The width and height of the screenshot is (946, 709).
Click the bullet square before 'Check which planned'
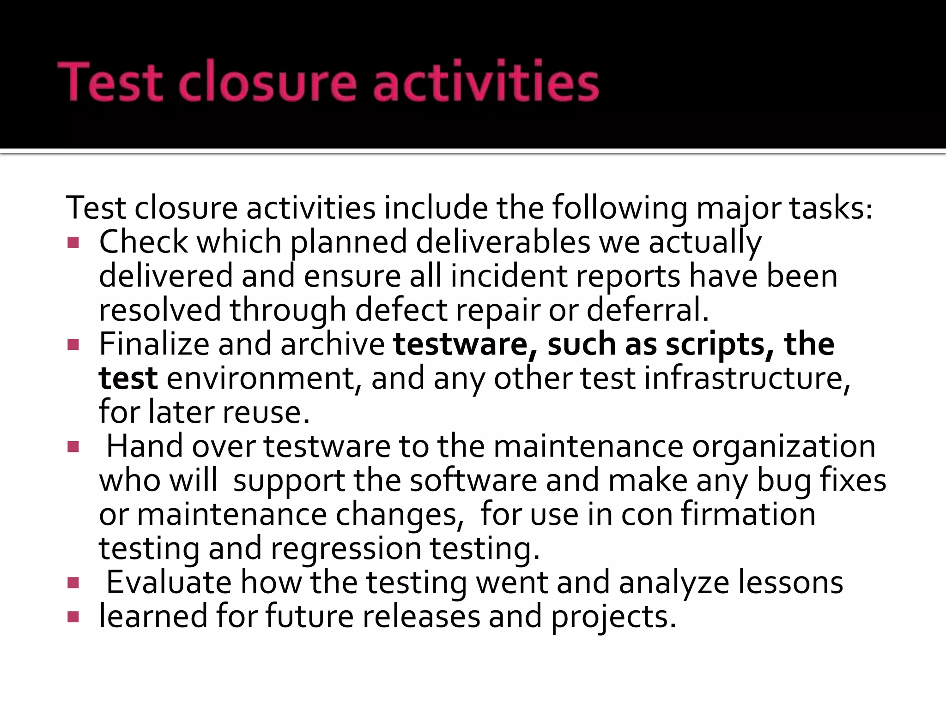pyautogui.click(x=73, y=242)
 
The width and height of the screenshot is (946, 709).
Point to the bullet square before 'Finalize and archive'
pyautogui.click(x=73, y=345)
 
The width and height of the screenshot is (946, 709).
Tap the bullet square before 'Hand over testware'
pyautogui.click(x=73, y=447)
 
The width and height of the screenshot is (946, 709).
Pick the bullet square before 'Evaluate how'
pyautogui.click(x=73, y=583)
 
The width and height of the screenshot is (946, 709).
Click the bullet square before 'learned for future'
pyautogui.click(x=73, y=617)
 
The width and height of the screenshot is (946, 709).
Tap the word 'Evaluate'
pyautogui.click(x=169, y=583)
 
